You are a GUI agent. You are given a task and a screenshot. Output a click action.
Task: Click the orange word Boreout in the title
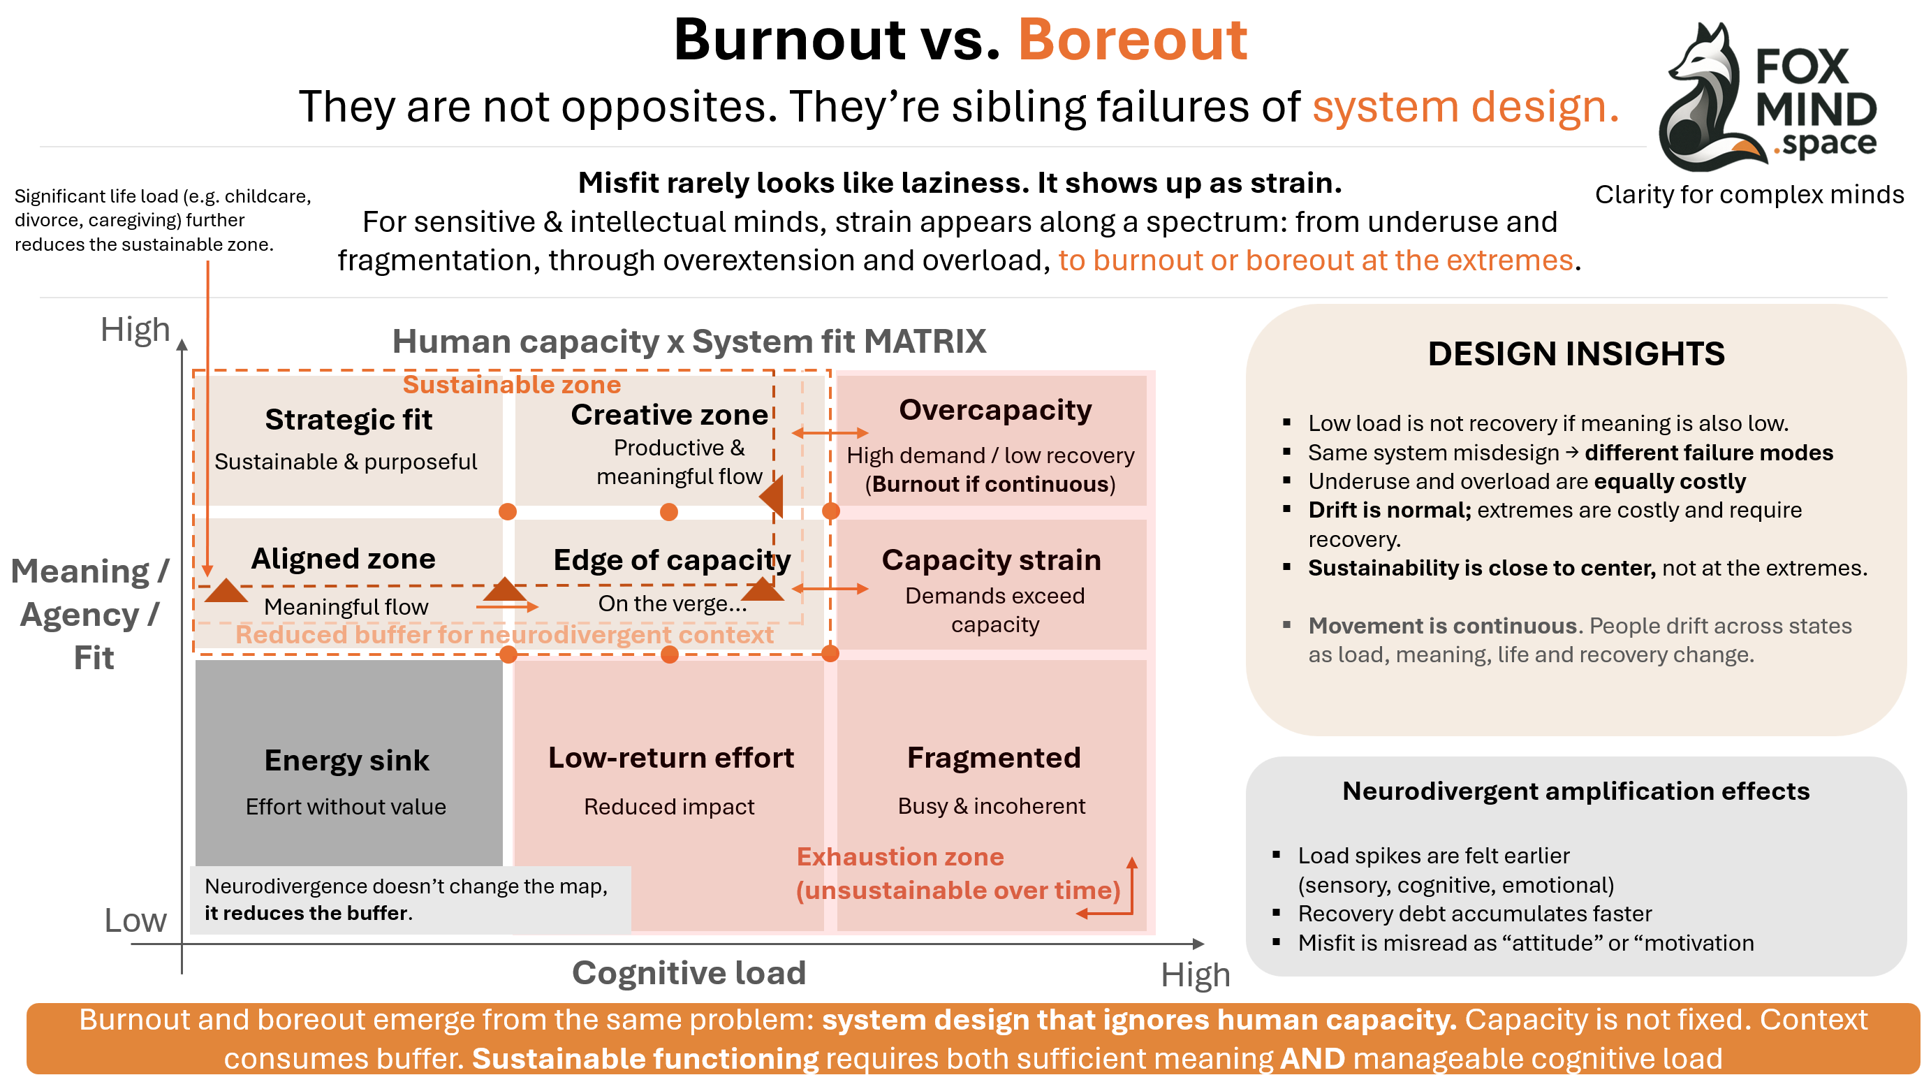pyautogui.click(x=1131, y=41)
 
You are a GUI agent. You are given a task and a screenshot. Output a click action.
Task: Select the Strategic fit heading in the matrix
pyautogui.click(x=348, y=420)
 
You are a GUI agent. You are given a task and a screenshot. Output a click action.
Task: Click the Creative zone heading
pyautogui.click(x=668, y=415)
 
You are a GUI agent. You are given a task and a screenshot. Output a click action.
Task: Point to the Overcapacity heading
pyautogui.click(x=995, y=410)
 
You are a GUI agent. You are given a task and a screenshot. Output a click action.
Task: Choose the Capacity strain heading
pyautogui.click(x=991, y=560)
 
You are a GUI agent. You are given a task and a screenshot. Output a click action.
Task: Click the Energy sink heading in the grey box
pyautogui.click(x=346, y=761)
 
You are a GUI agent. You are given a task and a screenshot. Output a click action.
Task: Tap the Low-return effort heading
pyautogui.click(x=670, y=759)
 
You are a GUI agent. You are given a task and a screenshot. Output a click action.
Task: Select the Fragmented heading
pyautogui.click(x=993, y=759)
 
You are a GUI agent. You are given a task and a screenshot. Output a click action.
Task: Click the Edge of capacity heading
pyautogui.click(x=671, y=560)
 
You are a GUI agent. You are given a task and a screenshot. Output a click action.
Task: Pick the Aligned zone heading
pyautogui.click(x=343, y=559)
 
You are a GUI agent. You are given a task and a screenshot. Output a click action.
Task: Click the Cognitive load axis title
pyautogui.click(x=689, y=973)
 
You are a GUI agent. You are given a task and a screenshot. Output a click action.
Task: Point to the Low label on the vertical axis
pyautogui.click(x=135, y=921)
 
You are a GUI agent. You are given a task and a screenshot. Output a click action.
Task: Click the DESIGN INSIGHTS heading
pyautogui.click(x=1576, y=354)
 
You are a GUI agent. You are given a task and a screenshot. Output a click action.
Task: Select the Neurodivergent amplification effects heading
pyautogui.click(x=1576, y=791)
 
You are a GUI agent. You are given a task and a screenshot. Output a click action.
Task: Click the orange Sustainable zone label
pyautogui.click(x=512, y=385)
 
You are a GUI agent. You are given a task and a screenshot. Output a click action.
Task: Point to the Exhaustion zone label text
pyautogui.click(x=900, y=857)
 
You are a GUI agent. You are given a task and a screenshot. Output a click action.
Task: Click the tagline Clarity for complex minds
pyautogui.click(x=1749, y=195)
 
